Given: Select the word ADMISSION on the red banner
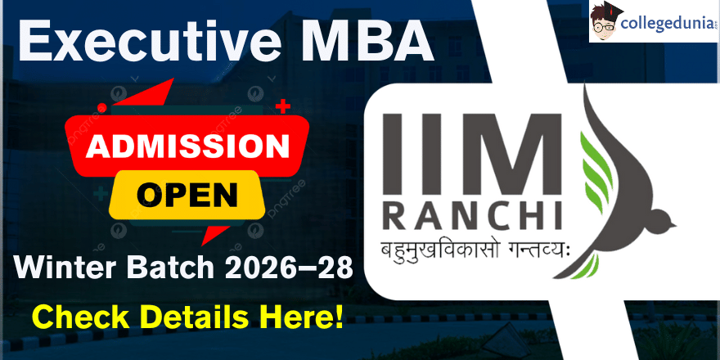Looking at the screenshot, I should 187,147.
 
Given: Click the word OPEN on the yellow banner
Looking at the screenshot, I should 187,196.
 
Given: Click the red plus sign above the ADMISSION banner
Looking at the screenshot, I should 284,106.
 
